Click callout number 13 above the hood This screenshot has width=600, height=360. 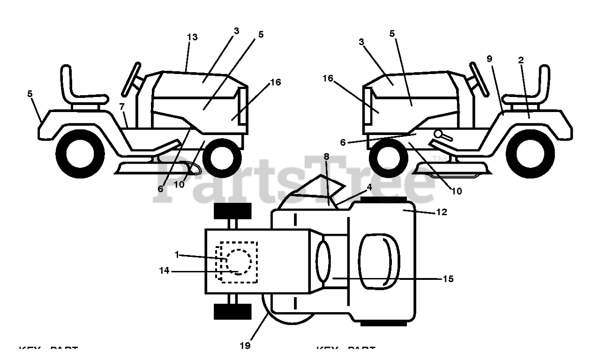[192, 37]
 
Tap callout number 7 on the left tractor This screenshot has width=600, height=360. [122, 106]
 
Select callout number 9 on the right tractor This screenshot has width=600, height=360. [489, 59]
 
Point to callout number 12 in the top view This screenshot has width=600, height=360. [441, 212]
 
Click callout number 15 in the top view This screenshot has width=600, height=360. [448, 279]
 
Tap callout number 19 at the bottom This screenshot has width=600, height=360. [245, 346]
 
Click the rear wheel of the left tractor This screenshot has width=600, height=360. [80, 155]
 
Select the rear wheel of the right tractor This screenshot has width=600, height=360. [530, 155]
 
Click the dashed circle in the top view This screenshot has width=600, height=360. [239, 262]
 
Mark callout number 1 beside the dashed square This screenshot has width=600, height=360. [177, 254]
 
